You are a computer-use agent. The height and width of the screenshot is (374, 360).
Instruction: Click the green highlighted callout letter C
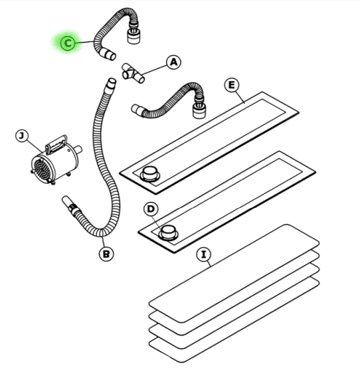(68, 43)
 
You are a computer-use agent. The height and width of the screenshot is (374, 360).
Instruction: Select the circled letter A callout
(174, 62)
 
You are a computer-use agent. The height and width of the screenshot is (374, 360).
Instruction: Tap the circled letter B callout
(106, 254)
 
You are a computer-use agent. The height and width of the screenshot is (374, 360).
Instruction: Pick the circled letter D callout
(151, 209)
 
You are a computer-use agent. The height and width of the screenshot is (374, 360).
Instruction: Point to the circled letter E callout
(232, 85)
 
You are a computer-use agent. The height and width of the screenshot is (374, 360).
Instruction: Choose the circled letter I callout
(204, 254)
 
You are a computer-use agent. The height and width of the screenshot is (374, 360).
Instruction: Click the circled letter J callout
(22, 136)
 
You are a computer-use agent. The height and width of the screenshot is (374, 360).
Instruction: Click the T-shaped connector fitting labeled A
(133, 74)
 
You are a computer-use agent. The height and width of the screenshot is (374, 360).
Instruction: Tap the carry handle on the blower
(56, 144)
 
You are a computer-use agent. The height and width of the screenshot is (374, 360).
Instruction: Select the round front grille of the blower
(43, 169)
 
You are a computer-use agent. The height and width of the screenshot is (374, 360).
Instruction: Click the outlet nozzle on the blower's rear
(78, 149)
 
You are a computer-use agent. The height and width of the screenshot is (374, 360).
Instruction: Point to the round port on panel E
(150, 173)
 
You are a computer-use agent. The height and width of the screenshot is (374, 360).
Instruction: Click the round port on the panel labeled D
(168, 233)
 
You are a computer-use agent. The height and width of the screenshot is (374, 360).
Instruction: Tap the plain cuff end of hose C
(108, 54)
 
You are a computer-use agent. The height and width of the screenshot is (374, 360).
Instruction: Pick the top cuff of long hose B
(111, 84)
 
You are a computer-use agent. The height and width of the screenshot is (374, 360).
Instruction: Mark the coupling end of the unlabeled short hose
(199, 108)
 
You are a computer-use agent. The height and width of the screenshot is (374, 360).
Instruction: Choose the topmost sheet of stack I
(234, 273)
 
